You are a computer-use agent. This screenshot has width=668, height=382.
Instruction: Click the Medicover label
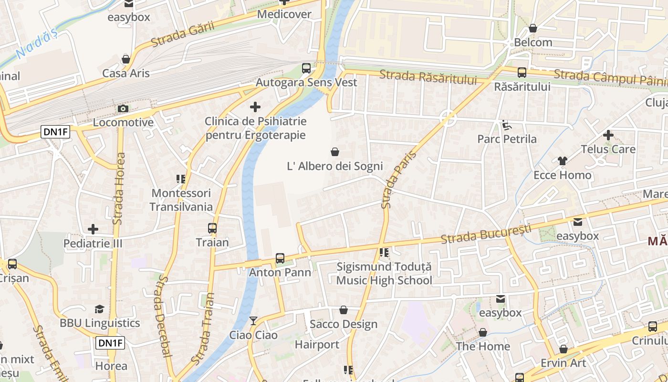pyautogui.click(x=284, y=14)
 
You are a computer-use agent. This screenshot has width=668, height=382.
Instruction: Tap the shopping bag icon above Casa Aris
pyautogui.click(x=126, y=59)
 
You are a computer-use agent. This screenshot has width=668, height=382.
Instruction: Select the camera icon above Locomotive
pyautogui.click(x=123, y=108)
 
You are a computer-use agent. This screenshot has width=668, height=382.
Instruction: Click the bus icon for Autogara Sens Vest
pyautogui.click(x=306, y=68)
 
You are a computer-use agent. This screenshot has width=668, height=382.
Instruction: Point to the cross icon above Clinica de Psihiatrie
pyautogui.click(x=255, y=107)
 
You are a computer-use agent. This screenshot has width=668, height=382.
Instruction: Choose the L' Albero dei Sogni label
pyautogui.click(x=334, y=166)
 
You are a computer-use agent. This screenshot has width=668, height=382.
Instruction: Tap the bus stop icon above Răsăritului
pyautogui.click(x=522, y=73)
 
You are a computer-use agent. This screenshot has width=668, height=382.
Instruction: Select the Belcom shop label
pyautogui.click(x=533, y=42)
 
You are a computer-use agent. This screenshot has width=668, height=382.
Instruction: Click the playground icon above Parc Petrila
pyautogui.click(x=507, y=125)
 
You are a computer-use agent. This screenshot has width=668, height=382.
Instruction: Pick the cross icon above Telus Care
pyautogui.click(x=608, y=135)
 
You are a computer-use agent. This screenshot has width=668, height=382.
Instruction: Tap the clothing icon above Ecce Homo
pyautogui.click(x=563, y=161)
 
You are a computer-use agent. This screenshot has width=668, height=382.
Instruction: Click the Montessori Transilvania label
pyautogui.click(x=181, y=200)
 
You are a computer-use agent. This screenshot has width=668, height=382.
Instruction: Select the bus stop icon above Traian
pyautogui.click(x=212, y=228)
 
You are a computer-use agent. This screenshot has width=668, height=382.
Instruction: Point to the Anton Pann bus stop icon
pyautogui.click(x=280, y=258)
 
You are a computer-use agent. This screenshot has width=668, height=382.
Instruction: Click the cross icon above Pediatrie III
pyautogui.click(x=93, y=230)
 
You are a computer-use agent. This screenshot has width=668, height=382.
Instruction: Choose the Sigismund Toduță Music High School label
pyautogui.click(x=384, y=274)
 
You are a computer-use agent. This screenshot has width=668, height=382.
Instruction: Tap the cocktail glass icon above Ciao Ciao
pyautogui.click(x=253, y=320)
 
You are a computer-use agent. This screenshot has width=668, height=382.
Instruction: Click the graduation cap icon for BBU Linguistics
pyautogui.click(x=99, y=309)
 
